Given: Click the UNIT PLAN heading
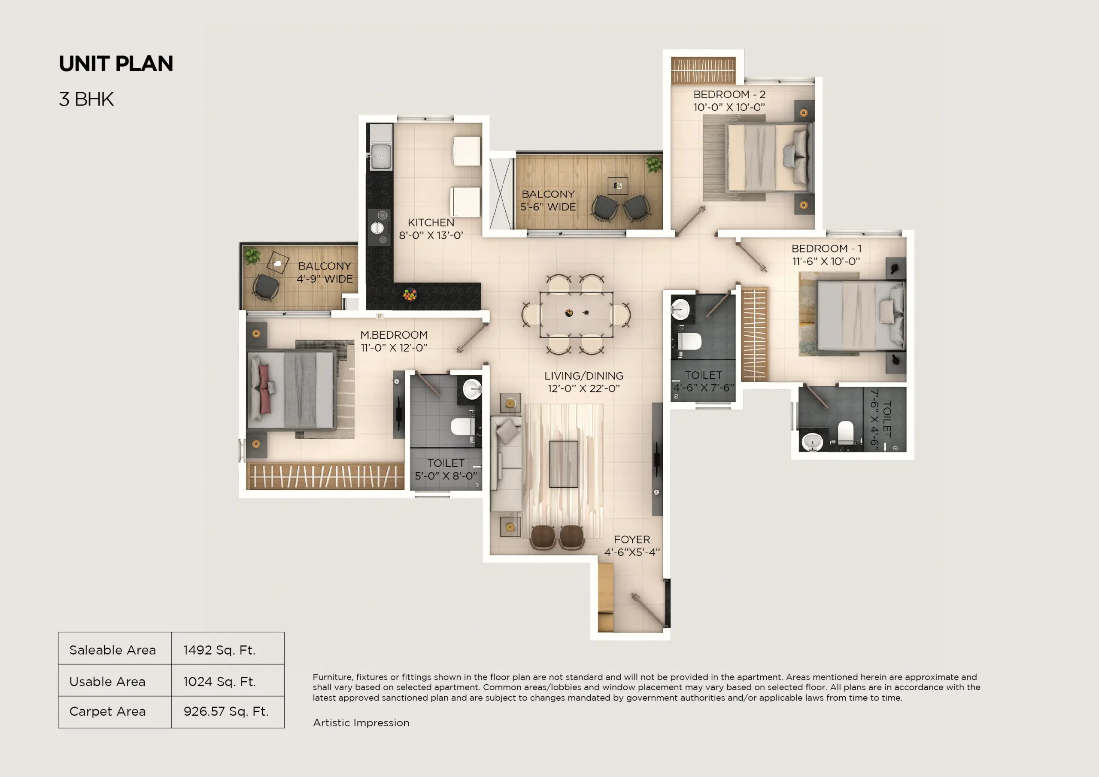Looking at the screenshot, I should [x=116, y=64].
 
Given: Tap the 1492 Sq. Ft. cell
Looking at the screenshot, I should [x=219, y=650].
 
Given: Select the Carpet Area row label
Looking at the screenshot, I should [x=107, y=711].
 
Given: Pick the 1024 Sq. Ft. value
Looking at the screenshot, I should [x=219, y=681].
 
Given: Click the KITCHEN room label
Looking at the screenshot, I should [x=431, y=223].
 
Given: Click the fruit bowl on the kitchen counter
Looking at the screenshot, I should [x=410, y=294].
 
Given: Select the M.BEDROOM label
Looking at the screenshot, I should [x=394, y=335].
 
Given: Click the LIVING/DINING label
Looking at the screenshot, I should [x=583, y=376].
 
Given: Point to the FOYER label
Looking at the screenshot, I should [x=632, y=540].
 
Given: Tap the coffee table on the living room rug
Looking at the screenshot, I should [x=563, y=464].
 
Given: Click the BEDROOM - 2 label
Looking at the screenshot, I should [x=729, y=94].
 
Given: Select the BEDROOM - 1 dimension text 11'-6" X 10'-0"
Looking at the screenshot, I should [x=826, y=261].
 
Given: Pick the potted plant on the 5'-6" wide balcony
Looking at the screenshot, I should [x=653, y=164].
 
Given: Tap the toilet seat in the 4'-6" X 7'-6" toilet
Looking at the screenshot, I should [x=690, y=341].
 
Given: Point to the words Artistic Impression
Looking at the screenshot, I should [x=361, y=722].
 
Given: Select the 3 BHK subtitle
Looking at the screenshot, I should [x=86, y=100].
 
